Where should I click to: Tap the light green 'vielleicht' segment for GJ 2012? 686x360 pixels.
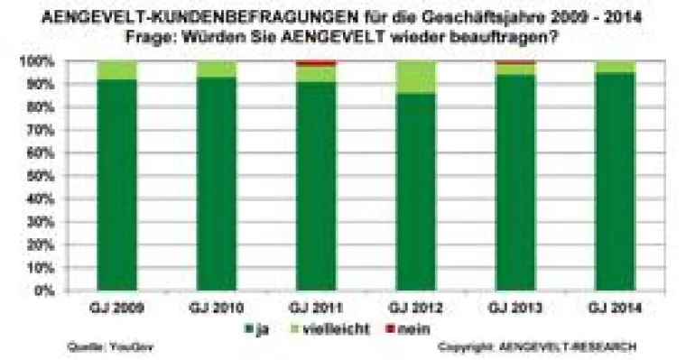pyautogui.click(x=415, y=77)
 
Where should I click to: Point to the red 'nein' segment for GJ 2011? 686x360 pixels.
pyautogui.click(x=316, y=63)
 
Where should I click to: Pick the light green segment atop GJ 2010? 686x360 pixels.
pyautogui.click(x=217, y=69)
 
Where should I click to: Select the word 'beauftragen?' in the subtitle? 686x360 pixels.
pyautogui.click(x=505, y=37)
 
